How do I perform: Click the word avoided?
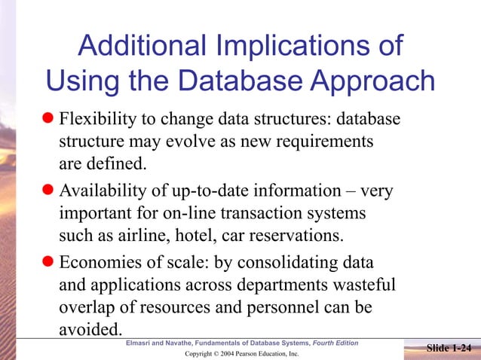point(90,328)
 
